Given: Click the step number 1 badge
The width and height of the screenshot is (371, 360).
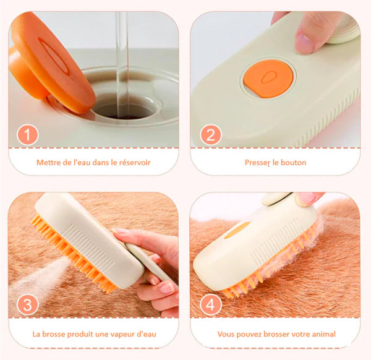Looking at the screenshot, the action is coord(27,135).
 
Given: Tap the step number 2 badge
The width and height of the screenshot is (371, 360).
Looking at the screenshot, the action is coord(211,135).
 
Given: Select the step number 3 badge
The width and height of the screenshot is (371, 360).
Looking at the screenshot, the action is coord(27,304).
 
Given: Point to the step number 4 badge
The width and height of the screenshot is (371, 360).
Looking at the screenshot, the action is coord(211,304).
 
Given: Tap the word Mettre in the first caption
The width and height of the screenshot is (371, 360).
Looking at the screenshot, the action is coord(46,163).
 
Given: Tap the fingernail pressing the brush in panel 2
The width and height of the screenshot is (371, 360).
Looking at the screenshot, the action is coord(303,42).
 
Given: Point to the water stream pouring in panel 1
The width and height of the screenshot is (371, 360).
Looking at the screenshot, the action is coord(122,64).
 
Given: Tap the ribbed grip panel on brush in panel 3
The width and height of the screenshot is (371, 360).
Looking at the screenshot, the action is coord(90,247).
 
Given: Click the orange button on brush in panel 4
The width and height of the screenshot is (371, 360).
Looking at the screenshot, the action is coord(237,230).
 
